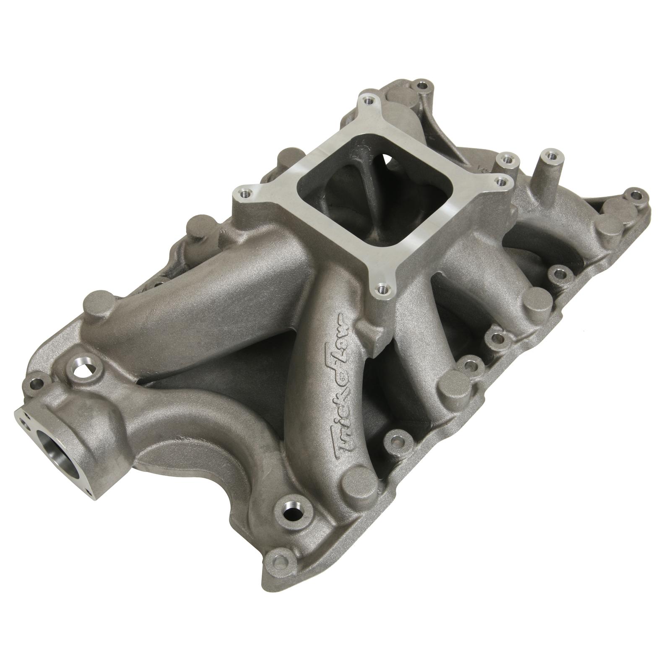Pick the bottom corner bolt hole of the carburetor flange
click(381, 289)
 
